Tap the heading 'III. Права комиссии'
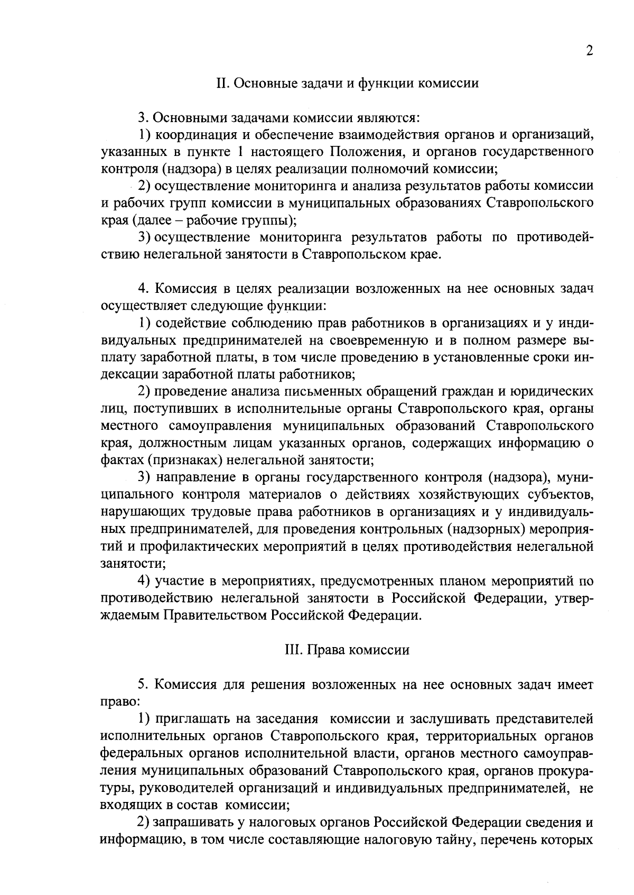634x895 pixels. click(x=347, y=650)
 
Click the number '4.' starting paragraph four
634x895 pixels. click(x=143, y=289)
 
